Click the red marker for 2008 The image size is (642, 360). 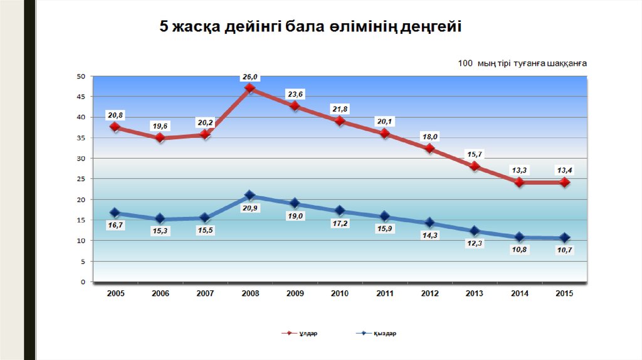tap(250, 88)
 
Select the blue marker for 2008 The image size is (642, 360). tap(250, 196)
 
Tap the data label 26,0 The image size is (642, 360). tap(250, 77)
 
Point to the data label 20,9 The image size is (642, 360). tap(250, 208)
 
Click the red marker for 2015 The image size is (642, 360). tap(564, 182)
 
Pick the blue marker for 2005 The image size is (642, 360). tap(115, 213)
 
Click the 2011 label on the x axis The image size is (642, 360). tap(384, 294)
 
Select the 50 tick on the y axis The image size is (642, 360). tap(81, 77)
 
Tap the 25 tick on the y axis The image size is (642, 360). tap(81, 179)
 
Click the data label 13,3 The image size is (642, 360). tap(520, 169)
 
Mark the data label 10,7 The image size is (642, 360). tap(564, 250)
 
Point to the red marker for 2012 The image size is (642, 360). tap(429, 149)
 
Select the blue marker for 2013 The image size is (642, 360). tap(475, 231)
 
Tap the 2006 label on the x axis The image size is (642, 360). tap(160, 294)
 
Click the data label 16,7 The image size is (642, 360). tap(115, 225)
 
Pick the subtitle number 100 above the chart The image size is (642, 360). tap(465, 63)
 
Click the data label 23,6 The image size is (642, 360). tap(295, 94)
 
